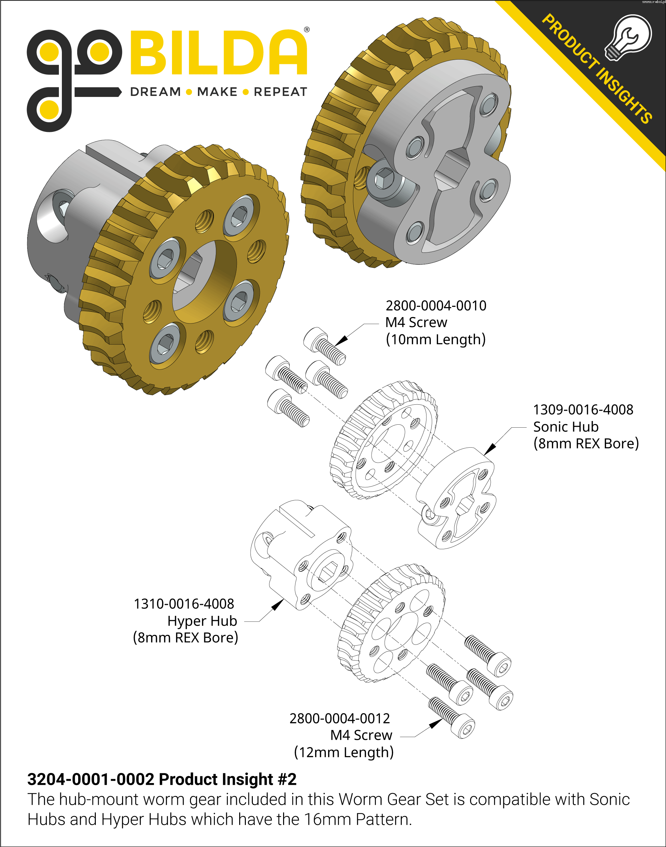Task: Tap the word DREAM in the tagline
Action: coord(156,92)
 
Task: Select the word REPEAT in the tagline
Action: coord(280,92)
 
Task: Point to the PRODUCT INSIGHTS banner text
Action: coord(596,68)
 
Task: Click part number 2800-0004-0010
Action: coord(436,306)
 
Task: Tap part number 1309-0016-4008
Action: coord(583,410)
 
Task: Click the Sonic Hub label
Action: coord(566,427)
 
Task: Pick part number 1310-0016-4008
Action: coord(184,604)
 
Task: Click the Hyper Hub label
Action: coord(202,621)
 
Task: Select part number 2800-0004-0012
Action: coord(339,718)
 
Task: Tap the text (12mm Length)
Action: coord(344,752)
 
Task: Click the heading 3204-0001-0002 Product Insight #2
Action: coord(162,779)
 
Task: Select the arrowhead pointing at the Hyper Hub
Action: coord(277,606)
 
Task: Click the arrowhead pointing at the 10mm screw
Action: coord(341,340)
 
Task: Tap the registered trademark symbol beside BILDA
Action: coord(307,30)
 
